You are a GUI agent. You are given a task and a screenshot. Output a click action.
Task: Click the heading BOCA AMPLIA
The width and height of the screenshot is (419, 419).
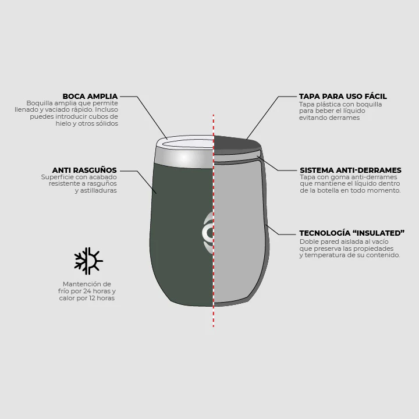pyautogui.click(x=90, y=96)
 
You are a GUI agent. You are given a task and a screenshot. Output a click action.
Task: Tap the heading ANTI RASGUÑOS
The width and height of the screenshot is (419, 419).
pyautogui.click(x=84, y=170)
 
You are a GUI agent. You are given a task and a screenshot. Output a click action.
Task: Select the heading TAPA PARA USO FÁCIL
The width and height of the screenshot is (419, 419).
pyautogui.click(x=343, y=96)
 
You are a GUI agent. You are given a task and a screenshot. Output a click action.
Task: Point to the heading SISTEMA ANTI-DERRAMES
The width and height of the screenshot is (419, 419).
pyautogui.click(x=350, y=170)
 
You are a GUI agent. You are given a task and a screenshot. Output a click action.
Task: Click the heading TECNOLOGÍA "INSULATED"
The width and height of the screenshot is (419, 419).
pyautogui.click(x=352, y=233)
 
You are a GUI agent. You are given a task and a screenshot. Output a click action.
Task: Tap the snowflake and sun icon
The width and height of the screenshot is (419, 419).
pyautogui.click(x=88, y=261)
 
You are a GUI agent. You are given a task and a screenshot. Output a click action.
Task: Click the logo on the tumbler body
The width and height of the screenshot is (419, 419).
pyautogui.click(x=208, y=232)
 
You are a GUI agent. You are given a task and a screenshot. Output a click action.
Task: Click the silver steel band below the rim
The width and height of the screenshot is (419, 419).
pyautogui.click(x=184, y=158)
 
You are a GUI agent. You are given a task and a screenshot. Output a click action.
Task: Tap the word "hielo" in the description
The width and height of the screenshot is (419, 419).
pyautogui.click(x=63, y=123)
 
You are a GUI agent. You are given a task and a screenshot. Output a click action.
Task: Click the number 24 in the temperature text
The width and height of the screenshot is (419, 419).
pyautogui.click(x=87, y=291)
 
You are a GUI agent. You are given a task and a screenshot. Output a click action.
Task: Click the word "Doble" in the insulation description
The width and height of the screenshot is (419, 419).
pyautogui.click(x=308, y=242)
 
